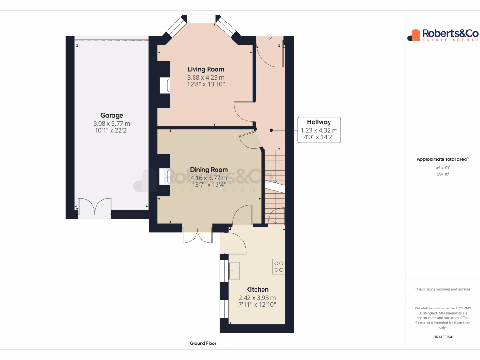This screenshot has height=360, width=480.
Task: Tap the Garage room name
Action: [x=112, y=115]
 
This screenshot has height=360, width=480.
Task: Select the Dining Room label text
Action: [x=209, y=170]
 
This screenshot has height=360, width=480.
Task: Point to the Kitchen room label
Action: [x=257, y=290]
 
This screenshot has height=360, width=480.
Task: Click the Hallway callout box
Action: [x=319, y=130]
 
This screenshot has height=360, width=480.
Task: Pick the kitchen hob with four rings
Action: [x=279, y=267]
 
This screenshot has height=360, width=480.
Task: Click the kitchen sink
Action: [x=233, y=270]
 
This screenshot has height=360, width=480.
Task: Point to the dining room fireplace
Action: [x=165, y=176]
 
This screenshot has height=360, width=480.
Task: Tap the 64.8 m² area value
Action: [x=443, y=167]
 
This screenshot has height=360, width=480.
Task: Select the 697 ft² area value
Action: [x=443, y=174]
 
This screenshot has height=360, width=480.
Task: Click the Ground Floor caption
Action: [x=203, y=343]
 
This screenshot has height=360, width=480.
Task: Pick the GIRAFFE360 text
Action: [x=443, y=337]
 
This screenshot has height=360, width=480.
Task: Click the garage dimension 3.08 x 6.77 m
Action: [x=112, y=124]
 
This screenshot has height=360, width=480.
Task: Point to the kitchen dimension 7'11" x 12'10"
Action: [x=257, y=305]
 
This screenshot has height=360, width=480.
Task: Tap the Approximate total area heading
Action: [x=442, y=159]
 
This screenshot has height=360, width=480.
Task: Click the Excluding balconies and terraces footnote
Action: [x=443, y=289]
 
